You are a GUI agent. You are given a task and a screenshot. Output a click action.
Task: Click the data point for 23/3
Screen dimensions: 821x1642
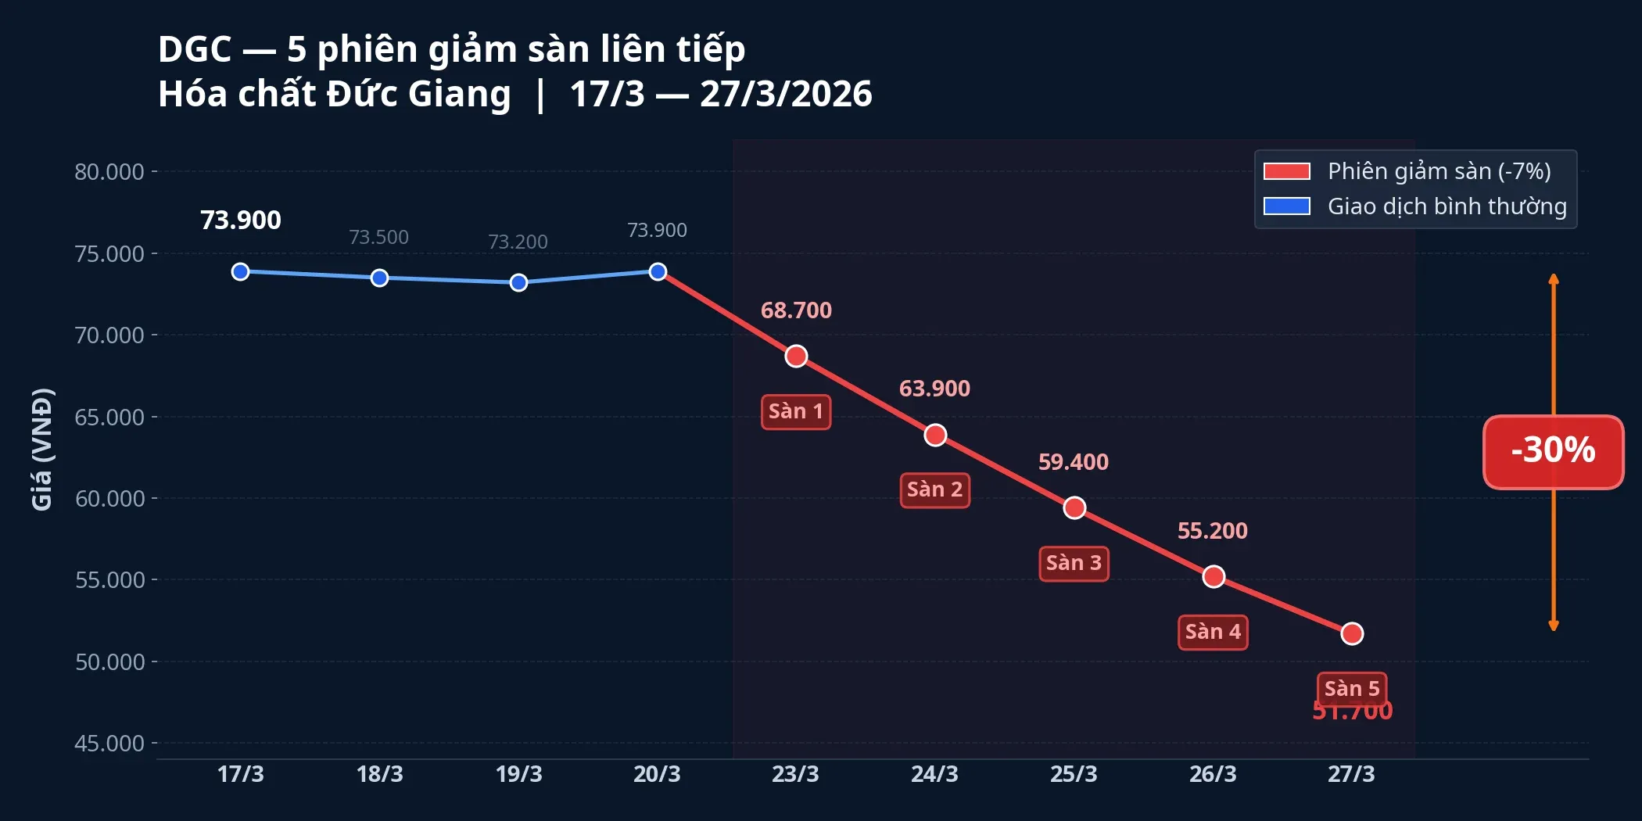point(796,357)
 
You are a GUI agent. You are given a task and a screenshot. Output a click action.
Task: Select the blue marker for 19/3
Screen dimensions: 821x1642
point(518,282)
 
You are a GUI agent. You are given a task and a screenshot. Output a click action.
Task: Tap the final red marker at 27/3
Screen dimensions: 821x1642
point(1352,633)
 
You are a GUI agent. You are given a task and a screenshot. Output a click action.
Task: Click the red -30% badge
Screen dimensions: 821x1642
point(1553,452)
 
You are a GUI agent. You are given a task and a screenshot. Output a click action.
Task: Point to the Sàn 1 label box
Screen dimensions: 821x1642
point(795,412)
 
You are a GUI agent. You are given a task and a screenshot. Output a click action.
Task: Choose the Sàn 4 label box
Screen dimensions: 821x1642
point(1212,633)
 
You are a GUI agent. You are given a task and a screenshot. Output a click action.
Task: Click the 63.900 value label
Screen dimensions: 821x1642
point(934,389)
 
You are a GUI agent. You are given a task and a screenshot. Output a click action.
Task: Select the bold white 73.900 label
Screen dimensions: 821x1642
point(240,220)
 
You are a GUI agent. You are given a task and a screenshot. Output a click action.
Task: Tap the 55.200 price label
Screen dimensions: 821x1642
point(1212,531)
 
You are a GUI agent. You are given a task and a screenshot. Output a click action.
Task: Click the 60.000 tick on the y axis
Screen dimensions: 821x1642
point(109,499)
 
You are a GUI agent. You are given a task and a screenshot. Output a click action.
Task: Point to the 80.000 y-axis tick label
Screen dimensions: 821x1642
point(109,172)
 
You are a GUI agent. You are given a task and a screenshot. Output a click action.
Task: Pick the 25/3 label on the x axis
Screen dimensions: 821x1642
point(1073,774)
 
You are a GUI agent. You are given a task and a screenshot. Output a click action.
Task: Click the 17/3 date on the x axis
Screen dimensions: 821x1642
point(240,774)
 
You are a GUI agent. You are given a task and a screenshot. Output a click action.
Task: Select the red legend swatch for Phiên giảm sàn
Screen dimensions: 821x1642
point(1286,171)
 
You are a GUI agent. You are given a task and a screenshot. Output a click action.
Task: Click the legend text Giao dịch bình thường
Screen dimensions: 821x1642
point(1447,206)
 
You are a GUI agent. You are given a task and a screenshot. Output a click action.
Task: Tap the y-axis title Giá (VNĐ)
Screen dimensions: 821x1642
point(42,450)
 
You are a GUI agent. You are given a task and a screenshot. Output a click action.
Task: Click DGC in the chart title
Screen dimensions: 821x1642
point(195,49)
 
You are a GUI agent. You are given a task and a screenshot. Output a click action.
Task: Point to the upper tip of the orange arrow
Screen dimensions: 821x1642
point(1554,277)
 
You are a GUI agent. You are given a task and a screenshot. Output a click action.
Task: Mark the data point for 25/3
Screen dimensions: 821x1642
point(1074,508)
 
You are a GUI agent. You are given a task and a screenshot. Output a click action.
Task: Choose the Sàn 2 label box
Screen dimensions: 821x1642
point(934,490)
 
